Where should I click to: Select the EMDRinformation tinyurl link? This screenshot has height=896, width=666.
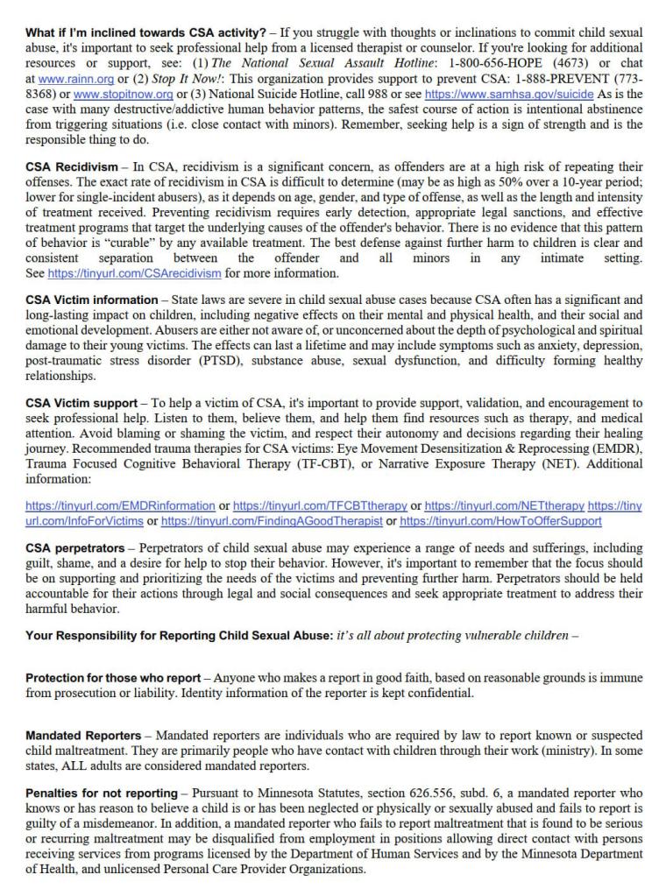coord(120,505)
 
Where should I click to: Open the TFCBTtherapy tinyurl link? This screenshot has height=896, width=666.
coord(320,505)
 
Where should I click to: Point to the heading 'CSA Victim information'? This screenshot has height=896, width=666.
coord(91,300)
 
